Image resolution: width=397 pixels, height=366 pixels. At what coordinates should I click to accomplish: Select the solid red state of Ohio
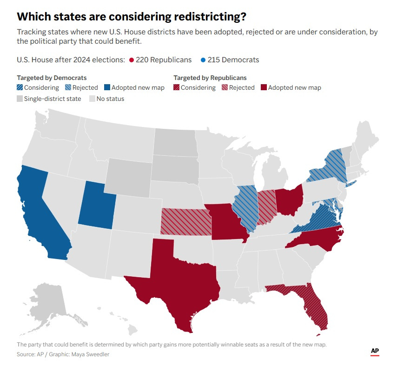288,200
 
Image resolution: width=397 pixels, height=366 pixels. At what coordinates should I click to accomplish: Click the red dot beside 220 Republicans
132,60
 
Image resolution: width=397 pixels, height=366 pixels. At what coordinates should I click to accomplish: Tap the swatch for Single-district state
20,99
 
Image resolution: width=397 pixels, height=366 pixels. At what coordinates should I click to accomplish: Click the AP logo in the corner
375,352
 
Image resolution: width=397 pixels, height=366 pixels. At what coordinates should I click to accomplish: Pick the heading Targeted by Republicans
210,78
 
